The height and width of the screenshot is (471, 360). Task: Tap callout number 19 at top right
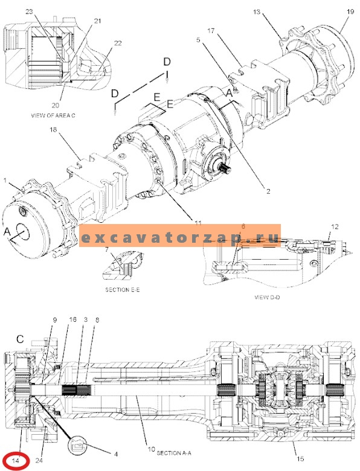point(349,11)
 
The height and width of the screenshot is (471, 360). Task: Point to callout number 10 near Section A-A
point(150,450)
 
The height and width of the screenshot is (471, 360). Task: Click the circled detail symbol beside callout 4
point(79,446)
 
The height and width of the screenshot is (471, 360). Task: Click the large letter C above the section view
point(19,339)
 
